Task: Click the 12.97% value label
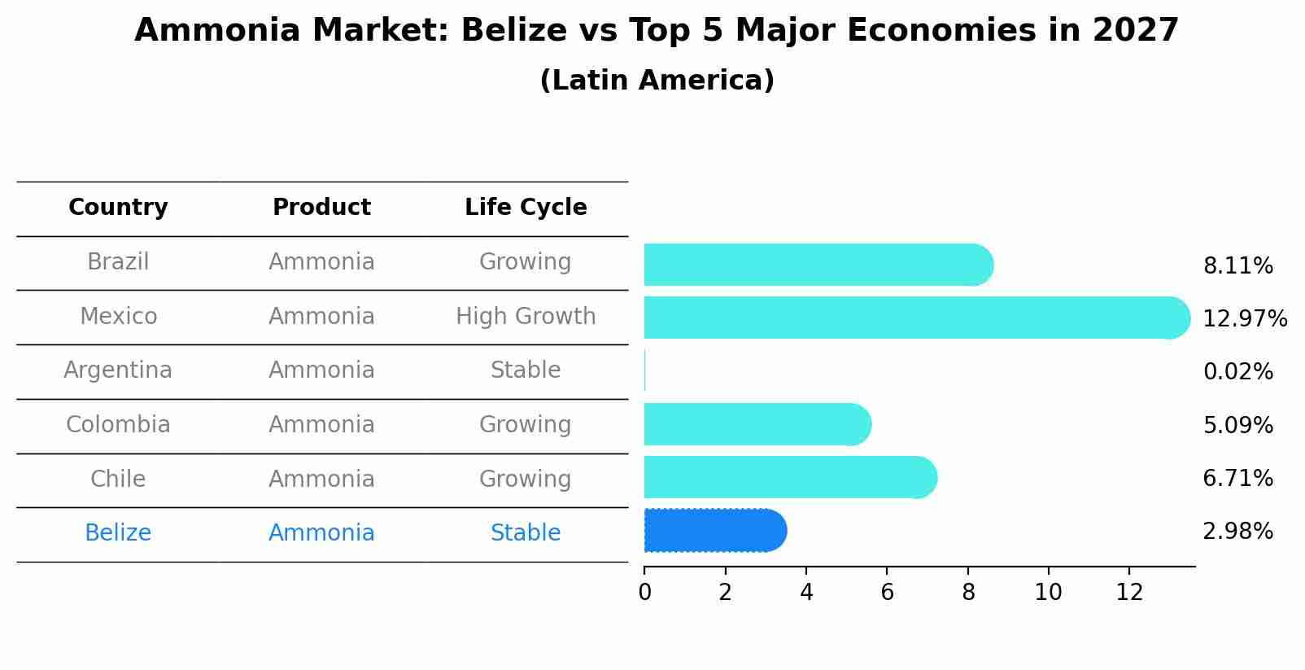(x=1244, y=319)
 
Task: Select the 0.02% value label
(x=1237, y=372)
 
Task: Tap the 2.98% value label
(x=1237, y=532)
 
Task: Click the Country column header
(x=118, y=208)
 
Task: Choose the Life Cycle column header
(x=526, y=208)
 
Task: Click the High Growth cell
(x=526, y=317)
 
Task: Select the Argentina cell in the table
(x=118, y=370)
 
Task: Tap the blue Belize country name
(x=118, y=533)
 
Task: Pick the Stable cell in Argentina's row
(x=526, y=370)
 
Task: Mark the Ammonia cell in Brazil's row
(x=321, y=262)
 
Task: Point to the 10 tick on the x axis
(x=1048, y=593)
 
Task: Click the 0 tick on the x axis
(x=645, y=593)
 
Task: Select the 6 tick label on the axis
(x=887, y=593)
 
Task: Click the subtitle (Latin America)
(x=657, y=81)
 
